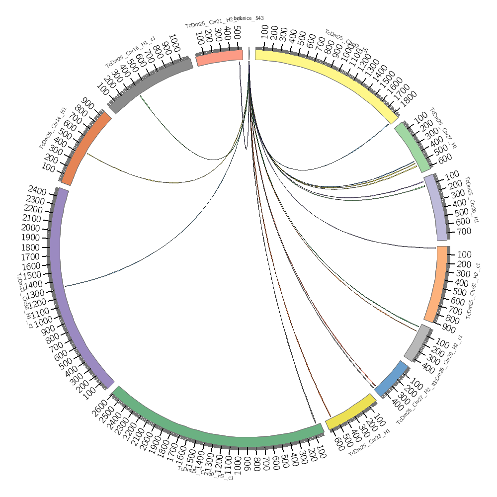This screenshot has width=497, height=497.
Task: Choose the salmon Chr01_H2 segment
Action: click(x=219, y=58)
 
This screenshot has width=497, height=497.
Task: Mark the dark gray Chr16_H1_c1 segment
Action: click(x=149, y=84)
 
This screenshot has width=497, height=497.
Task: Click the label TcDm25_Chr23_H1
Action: click(x=370, y=445)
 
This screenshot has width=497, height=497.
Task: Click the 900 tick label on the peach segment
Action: click(x=449, y=329)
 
